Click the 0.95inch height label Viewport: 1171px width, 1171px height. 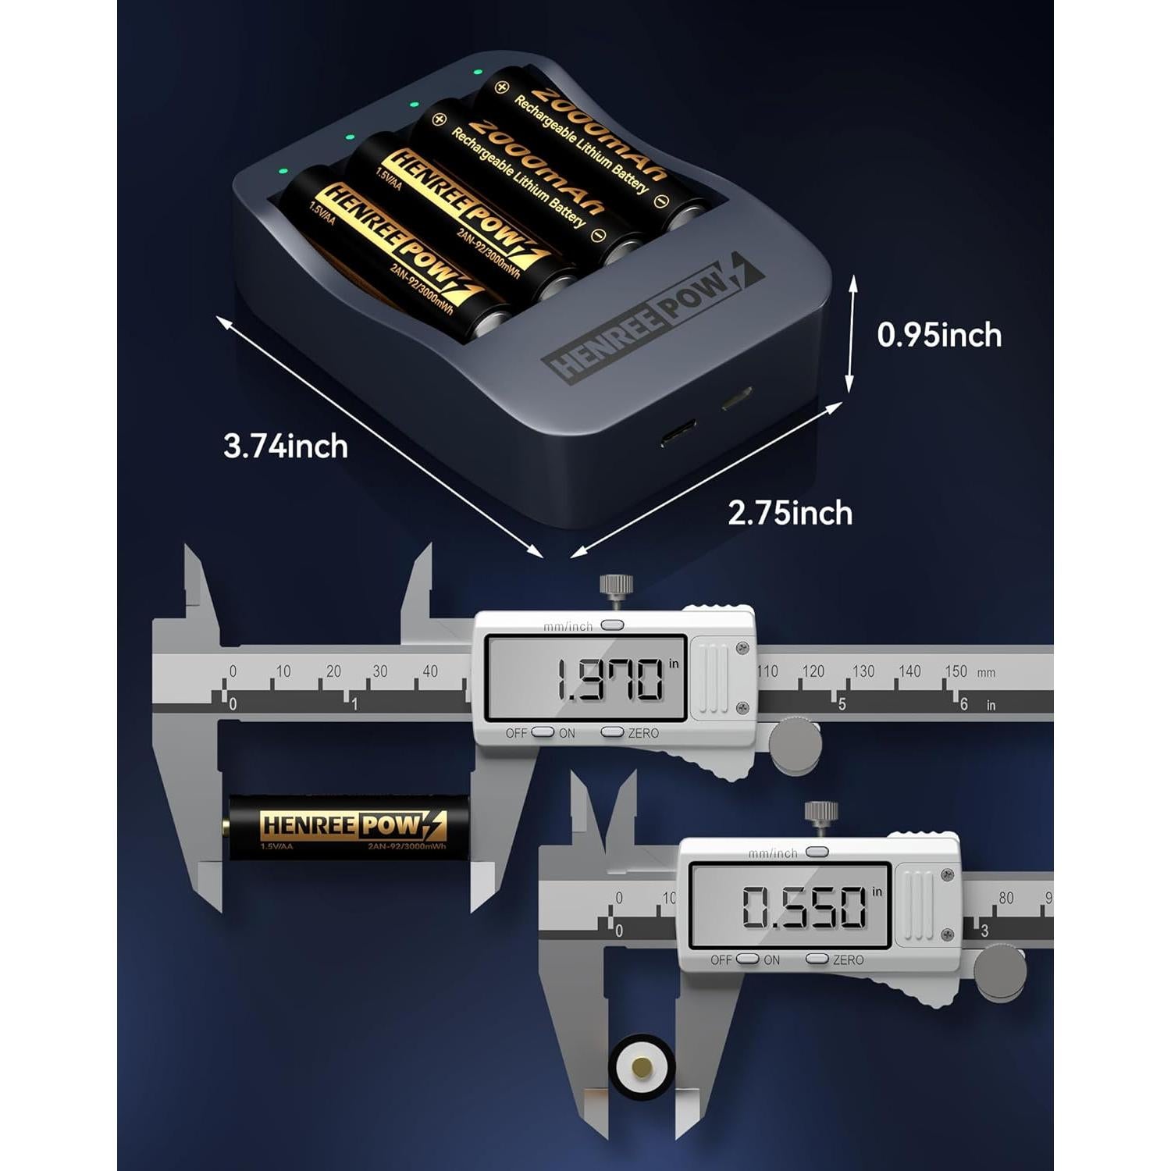click(x=939, y=335)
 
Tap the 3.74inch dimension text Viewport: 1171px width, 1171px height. click(x=286, y=447)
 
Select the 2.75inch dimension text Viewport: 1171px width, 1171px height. click(x=790, y=513)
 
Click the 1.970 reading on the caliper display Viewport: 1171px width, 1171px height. click(x=609, y=679)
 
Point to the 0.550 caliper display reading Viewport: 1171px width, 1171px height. click(x=804, y=907)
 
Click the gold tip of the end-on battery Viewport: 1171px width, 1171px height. click(x=642, y=1066)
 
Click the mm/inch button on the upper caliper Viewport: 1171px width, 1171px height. click(x=613, y=625)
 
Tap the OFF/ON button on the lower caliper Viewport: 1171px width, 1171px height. click(x=747, y=959)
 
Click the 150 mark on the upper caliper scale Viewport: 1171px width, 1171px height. click(x=956, y=671)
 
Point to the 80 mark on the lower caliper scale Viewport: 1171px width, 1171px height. click(x=1006, y=898)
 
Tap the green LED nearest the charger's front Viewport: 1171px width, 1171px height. click(x=283, y=170)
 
